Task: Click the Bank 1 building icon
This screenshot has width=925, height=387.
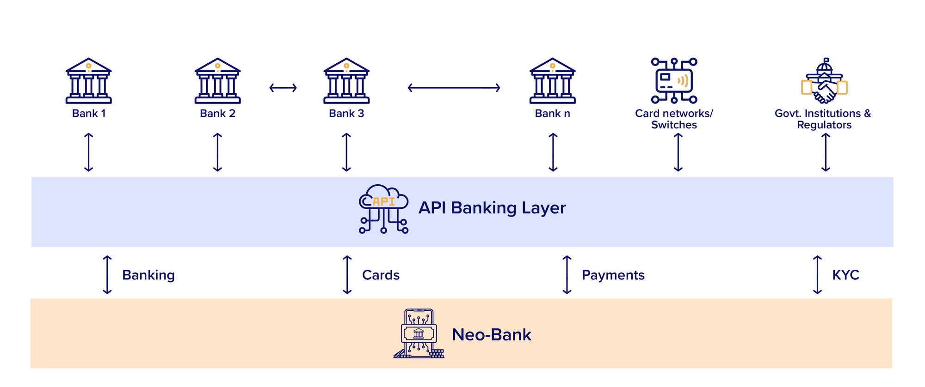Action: [x=88, y=80]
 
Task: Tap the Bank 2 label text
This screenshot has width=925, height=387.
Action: [x=217, y=114]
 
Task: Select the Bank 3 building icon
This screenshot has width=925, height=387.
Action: [x=346, y=80]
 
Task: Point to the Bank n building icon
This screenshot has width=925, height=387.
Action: [x=552, y=80]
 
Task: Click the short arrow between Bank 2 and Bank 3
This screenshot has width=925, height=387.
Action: [x=283, y=88]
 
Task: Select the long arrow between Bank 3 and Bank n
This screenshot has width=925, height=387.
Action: [x=454, y=88]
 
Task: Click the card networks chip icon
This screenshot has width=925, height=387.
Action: [x=674, y=80]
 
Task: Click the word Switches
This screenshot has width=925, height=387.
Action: [x=674, y=125]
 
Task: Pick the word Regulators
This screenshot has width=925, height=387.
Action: [x=824, y=125]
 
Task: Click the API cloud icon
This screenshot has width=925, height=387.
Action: [x=383, y=209]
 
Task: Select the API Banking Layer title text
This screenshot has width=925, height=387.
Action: [x=492, y=208]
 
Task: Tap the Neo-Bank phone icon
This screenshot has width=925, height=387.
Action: [x=419, y=334]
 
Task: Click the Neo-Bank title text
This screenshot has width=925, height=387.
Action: [x=491, y=335]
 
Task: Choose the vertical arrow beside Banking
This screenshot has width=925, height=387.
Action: [x=107, y=275]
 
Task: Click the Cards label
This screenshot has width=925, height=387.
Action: [x=381, y=275]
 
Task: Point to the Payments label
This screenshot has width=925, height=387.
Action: [x=613, y=275]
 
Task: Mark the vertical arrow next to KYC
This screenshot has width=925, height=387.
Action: [x=817, y=275]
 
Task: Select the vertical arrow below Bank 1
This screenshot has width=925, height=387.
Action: [x=89, y=152]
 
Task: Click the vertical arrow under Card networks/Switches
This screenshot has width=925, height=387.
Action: [x=678, y=152]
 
